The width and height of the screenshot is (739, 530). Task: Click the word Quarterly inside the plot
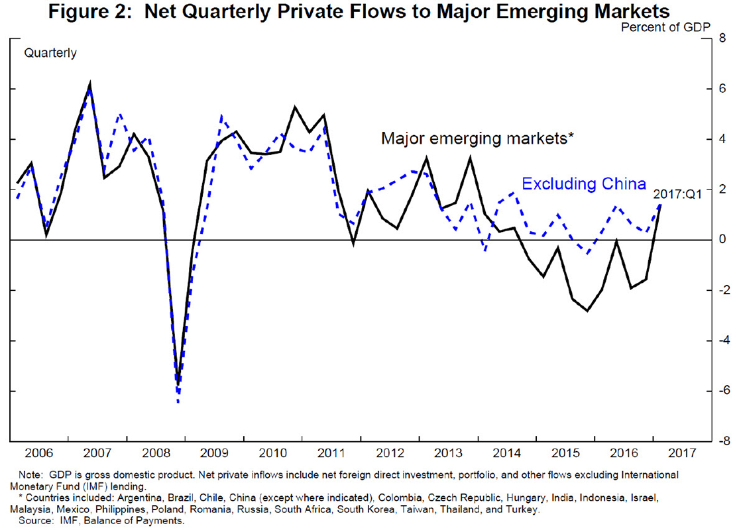pyautogui.click(x=50, y=54)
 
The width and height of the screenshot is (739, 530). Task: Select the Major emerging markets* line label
pyautogui.click(x=477, y=138)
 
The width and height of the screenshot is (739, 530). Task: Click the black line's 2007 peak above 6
pyautogui.click(x=90, y=84)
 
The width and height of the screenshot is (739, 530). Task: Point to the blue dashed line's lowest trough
pyautogui.click(x=178, y=401)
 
